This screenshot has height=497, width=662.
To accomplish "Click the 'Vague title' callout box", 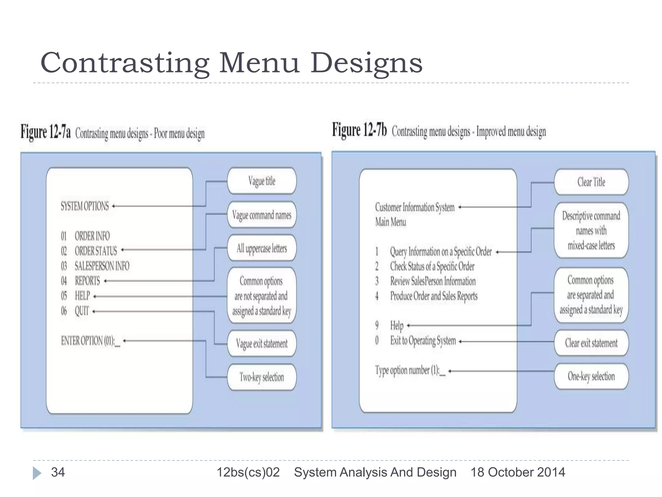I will (x=262, y=181).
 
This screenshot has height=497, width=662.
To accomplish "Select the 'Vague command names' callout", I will (x=262, y=215).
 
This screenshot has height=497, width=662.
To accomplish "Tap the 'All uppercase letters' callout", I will (x=262, y=248).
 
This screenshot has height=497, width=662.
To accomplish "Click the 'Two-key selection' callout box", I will (x=262, y=377).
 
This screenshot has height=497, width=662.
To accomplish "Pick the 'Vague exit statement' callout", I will (x=262, y=343).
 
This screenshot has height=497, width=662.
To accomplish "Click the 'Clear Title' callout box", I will (x=591, y=182).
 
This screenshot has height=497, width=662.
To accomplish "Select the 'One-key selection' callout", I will (x=591, y=376).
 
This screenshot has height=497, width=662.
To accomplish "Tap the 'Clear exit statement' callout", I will (x=591, y=343).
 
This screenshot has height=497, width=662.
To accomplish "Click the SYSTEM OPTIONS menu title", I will (x=85, y=206).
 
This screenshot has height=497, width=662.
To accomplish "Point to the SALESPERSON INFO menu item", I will (x=102, y=266).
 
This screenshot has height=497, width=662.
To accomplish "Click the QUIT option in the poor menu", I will (x=81, y=311).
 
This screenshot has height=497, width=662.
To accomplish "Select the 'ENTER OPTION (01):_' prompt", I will (x=91, y=341).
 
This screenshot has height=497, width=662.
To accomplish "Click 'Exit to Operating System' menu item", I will (x=423, y=340).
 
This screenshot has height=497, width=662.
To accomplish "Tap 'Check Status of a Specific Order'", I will (x=432, y=266).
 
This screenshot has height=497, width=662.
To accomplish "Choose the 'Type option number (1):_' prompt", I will (x=410, y=370).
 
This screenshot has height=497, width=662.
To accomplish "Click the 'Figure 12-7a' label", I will (x=46, y=132).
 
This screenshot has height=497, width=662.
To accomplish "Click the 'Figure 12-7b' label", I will (x=359, y=130).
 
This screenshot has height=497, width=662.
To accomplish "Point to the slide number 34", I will (x=58, y=472).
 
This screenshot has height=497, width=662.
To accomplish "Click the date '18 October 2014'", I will (x=518, y=472).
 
